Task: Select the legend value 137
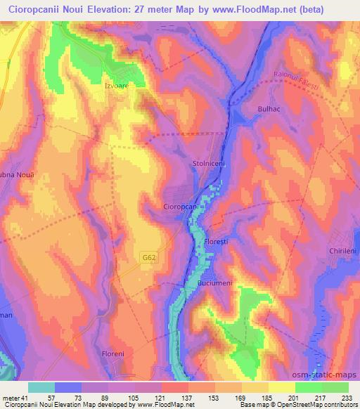pyautogui.click(x=188, y=397)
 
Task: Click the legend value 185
pyautogui.click(x=269, y=397)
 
